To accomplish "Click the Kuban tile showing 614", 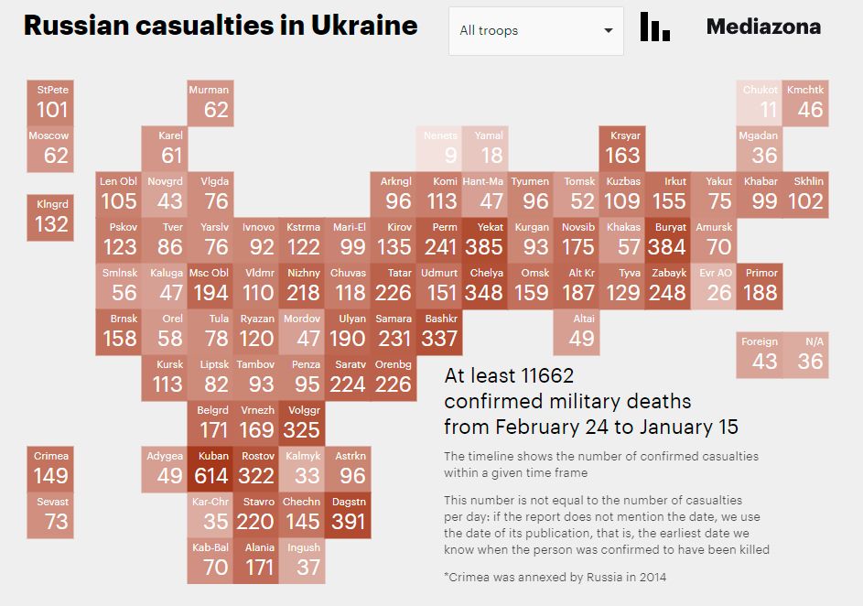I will click(210, 469).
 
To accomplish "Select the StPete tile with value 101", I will click(51, 103).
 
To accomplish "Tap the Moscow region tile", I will click(49, 148).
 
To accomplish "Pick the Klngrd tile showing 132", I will click(51, 217).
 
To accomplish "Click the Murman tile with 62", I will click(210, 103).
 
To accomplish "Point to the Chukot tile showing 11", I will click(761, 103).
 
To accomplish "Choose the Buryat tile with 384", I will click(668, 240).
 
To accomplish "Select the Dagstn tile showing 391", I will click(348, 514).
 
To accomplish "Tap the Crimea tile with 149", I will click(51, 469).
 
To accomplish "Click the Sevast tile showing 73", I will click(51, 514).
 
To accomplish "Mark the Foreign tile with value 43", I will click(760, 354).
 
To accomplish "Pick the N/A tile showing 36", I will click(806, 354).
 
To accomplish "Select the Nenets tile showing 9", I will click(439, 148).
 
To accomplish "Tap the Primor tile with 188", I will click(761, 286).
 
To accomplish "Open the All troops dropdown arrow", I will click(609, 31).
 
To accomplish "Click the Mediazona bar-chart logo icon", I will click(654, 27).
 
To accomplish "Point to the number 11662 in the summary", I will click(545, 375).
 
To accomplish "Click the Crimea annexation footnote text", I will click(555, 577).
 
